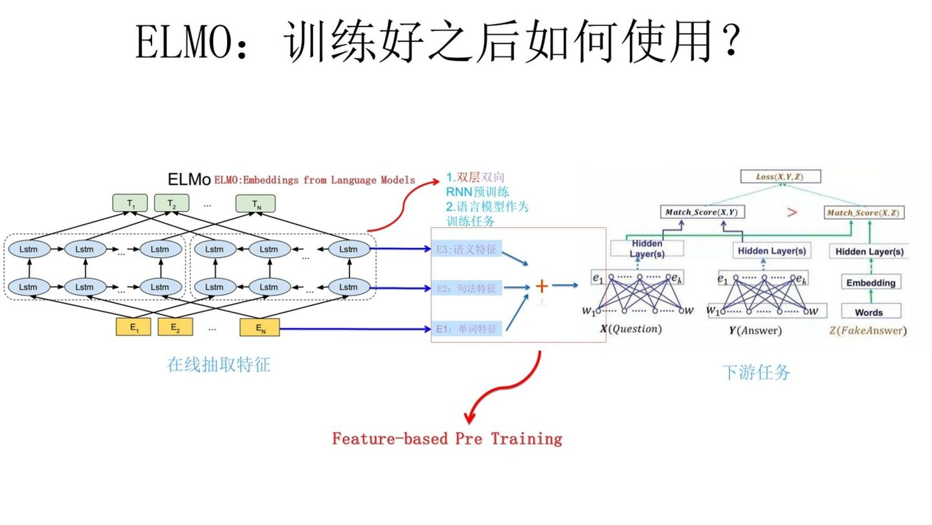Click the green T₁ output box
131,203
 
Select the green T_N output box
255,203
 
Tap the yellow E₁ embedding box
133,327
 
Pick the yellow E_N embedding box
260,328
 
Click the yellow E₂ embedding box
175,327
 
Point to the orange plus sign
542,285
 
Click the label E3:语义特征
467,249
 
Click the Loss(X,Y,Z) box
781,176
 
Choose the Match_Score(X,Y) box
702,212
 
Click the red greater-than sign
791,212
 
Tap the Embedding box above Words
871,283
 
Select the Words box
869,312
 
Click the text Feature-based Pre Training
447,439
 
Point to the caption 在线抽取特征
219,364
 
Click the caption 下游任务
756,372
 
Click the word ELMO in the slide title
181,44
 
